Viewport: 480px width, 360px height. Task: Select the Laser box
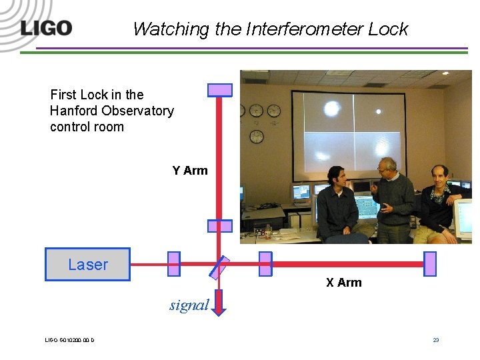tap(87, 264)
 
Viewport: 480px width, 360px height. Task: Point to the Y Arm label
tap(190, 171)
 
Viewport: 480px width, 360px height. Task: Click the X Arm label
tap(344, 283)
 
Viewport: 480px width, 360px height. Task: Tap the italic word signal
tap(189, 305)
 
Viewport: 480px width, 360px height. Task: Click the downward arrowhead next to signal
tap(220, 308)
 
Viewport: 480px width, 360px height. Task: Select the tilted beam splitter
tap(219, 267)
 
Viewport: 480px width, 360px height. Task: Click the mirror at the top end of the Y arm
tap(220, 90)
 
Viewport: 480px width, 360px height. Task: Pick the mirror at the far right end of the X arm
tap(430, 264)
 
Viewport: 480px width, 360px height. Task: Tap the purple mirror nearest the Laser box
tap(173, 264)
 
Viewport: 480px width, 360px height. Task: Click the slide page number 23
tap(436, 340)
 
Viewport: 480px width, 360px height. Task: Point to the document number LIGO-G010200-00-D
tap(69, 341)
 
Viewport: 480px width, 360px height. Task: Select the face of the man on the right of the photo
tap(439, 176)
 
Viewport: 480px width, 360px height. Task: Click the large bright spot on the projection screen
tap(331, 108)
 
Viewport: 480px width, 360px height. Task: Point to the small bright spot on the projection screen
tap(379, 111)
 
